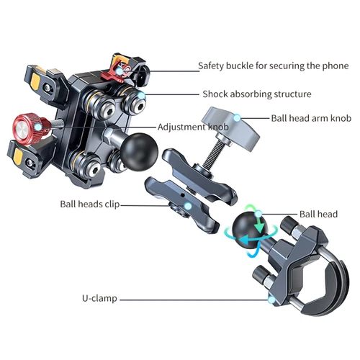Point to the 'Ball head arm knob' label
click(x=310, y=118)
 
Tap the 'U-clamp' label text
click(x=100, y=298)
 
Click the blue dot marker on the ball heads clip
click(x=186, y=206)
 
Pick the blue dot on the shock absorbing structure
click(x=143, y=94)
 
